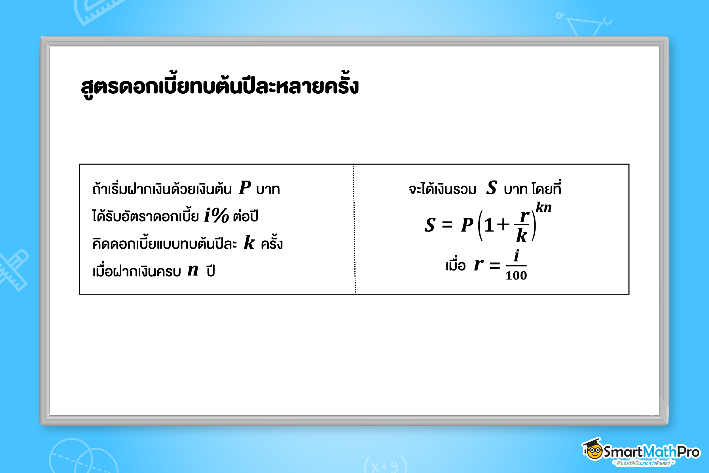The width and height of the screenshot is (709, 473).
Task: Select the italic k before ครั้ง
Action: (x=249, y=242)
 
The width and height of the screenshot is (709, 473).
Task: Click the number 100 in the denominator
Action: (x=516, y=276)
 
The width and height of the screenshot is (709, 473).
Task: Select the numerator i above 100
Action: (x=517, y=256)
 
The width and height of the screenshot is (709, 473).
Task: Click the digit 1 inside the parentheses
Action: (x=489, y=225)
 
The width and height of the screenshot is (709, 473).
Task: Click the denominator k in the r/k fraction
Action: (x=522, y=235)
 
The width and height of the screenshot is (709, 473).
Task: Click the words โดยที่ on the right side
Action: (x=546, y=188)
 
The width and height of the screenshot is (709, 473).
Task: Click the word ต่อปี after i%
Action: (x=246, y=215)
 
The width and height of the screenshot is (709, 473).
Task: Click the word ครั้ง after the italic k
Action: (x=272, y=242)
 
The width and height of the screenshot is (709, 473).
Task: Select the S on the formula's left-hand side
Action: (x=430, y=225)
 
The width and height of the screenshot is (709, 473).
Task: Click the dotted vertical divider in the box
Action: (x=354, y=229)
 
